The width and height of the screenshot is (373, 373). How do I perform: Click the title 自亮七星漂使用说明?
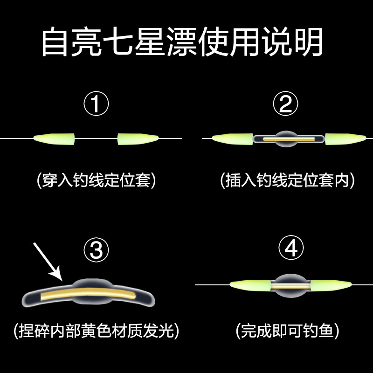tap(182, 43)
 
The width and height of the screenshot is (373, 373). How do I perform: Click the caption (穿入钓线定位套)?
tap(96, 180)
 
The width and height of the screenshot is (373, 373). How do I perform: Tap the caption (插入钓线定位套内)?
tap(287, 180)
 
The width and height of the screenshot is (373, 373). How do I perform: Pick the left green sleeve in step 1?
tap(54, 138)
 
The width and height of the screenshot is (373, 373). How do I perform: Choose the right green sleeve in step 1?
tap(138, 138)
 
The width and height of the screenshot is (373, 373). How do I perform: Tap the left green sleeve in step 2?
tap(232, 138)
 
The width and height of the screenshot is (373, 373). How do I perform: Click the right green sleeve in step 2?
tap(344, 138)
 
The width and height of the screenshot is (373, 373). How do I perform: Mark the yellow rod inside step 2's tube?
tap(286, 138)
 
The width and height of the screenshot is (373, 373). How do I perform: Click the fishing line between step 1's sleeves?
tap(96, 138)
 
